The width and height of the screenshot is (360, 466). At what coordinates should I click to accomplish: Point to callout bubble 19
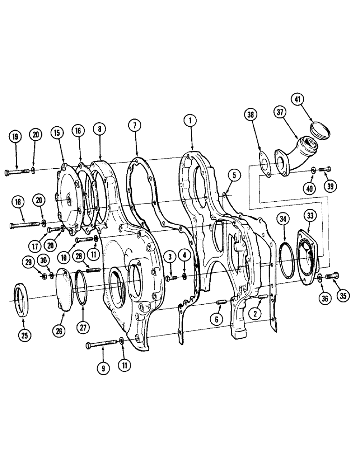point(15,137)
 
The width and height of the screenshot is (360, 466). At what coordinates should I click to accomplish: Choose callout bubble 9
point(104,368)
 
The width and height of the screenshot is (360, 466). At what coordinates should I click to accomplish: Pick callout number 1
point(189,121)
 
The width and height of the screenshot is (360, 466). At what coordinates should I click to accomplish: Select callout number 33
point(310,216)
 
